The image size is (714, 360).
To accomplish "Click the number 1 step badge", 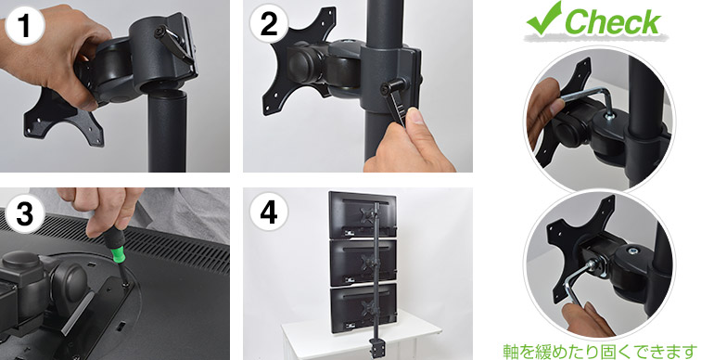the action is pyautogui.click(x=25, y=25).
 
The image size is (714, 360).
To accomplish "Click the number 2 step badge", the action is pyautogui.click(x=269, y=24).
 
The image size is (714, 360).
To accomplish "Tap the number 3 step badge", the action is pyautogui.click(x=25, y=213).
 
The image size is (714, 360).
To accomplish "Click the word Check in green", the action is pyautogui.click(x=612, y=22).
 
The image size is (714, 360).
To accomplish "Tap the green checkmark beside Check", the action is pyautogui.click(x=544, y=19).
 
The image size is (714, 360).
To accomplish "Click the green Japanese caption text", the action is pyautogui.click(x=600, y=352).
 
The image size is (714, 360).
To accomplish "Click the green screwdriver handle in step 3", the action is pyautogui.click(x=114, y=247).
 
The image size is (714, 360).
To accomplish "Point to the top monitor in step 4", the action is pyautogui.click(x=362, y=214).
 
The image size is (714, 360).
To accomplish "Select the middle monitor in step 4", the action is pyautogui.click(x=363, y=261).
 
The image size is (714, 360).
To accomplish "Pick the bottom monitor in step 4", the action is pyautogui.click(x=363, y=307).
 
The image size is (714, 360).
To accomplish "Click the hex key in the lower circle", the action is pyautogui.click(x=578, y=284).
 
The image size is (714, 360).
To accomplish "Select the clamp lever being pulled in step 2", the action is pyautogui.click(x=395, y=102).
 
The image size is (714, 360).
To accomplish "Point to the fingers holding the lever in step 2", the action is pyautogui.click(x=411, y=143).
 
